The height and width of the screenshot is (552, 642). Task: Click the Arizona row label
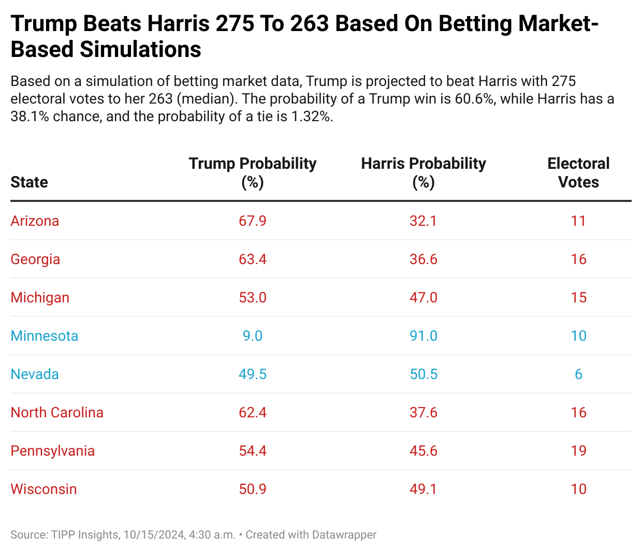[35, 221]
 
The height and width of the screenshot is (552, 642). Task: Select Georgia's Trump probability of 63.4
[253, 259]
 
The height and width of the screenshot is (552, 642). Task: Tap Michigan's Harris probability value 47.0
[424, 298]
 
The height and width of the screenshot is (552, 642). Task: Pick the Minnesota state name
[45, 336]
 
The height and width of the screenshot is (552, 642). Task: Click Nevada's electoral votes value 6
[578, 374]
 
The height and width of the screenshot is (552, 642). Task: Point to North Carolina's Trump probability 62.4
[253, 413]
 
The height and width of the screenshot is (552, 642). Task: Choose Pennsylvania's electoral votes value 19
[578, 451]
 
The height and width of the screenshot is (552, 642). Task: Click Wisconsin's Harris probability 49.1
[424, 489]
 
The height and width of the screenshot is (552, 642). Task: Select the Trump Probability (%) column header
[253, 172]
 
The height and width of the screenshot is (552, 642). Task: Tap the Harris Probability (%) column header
[424, 172]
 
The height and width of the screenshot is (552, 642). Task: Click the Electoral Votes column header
[578, 172]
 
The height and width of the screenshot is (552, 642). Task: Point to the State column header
[29, 182]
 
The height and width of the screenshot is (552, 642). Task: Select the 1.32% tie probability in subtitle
[311, 116]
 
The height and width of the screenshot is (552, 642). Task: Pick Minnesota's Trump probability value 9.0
[253, 336]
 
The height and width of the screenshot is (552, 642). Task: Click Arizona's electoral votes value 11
[578, 221]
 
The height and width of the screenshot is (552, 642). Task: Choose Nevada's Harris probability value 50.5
[424, 374]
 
